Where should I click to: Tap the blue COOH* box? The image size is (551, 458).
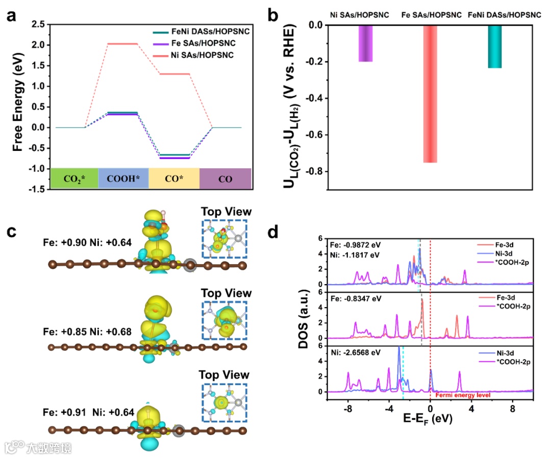[x=123, y=179]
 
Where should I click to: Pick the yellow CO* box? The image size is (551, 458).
[x=173, y=179]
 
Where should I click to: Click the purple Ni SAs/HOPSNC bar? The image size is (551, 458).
[x=365, y=43]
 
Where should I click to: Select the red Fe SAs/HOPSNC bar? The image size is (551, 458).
[x=430, y=94]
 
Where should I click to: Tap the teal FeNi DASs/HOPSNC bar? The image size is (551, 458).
[x=494, y=46]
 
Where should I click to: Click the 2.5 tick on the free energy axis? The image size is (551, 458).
[x=37, y=24]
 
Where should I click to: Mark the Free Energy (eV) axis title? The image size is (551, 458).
[x=18, y=106]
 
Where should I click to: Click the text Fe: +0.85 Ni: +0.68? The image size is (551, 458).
[x=88, y=332]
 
